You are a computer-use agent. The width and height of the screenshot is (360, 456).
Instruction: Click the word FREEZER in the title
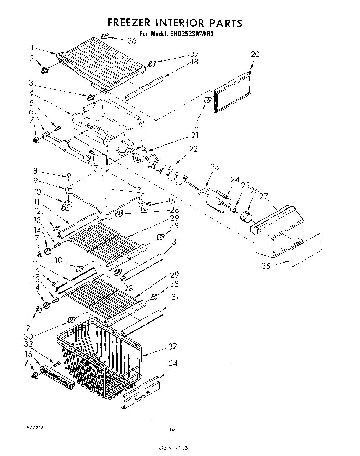click(129, 23)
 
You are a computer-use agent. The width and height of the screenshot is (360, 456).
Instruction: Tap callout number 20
click(255, 54)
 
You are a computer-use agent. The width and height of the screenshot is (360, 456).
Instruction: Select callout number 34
click(173, 363)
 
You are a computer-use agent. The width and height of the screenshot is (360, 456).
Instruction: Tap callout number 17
click(94, 168)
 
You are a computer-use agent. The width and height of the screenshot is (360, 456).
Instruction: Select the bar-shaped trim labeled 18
click(144, 88)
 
